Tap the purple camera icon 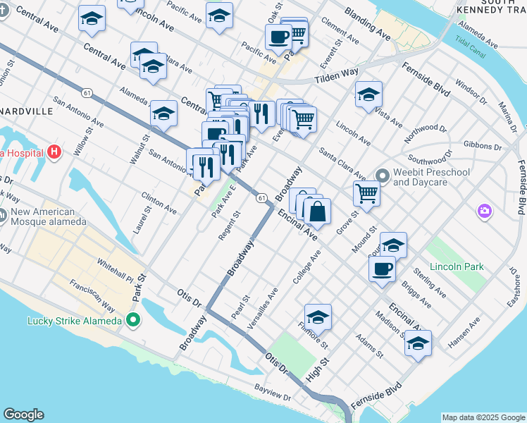click(x=484, y=211)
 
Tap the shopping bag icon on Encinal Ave click(x=317, y=211)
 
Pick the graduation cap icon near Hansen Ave click(x=418, y=343)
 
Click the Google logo click(x=23, y=415)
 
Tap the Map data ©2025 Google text click(x=483, y=417)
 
